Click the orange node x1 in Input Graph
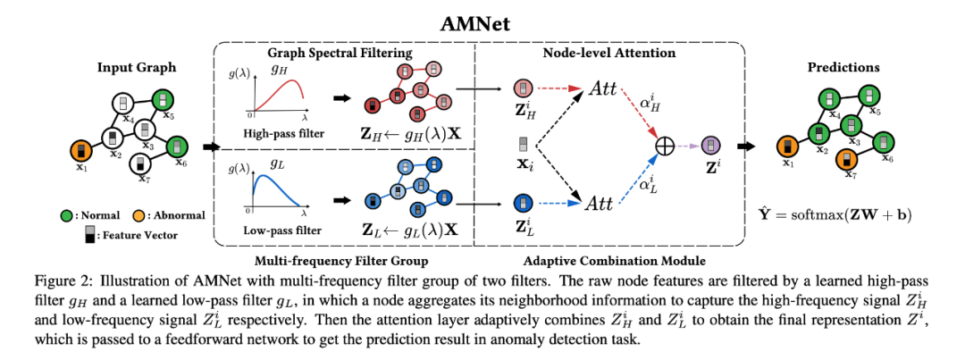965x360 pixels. pyautogui.click(x=81, y=149)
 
